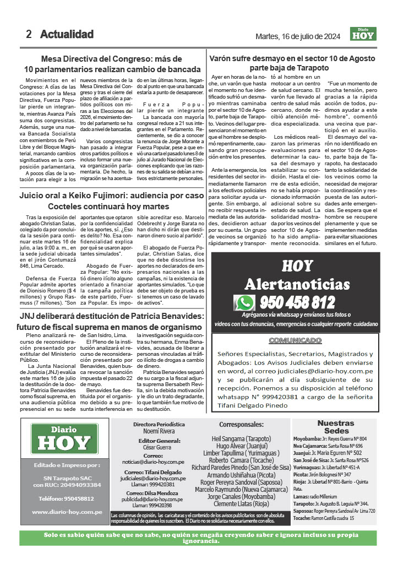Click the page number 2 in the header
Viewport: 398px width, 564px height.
[29, 34]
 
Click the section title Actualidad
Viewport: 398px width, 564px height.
[67, 34]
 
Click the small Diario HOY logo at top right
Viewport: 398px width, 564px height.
[363, 34]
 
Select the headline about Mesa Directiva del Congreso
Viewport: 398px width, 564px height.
[112, 64]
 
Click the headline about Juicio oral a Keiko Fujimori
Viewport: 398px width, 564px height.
[112, 201]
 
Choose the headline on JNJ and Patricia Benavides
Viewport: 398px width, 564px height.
[112, 322]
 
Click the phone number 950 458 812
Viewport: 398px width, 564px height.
[297, 302]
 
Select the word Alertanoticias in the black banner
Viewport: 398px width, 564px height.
[297, 284]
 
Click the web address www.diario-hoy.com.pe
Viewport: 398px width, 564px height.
[67, 512]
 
